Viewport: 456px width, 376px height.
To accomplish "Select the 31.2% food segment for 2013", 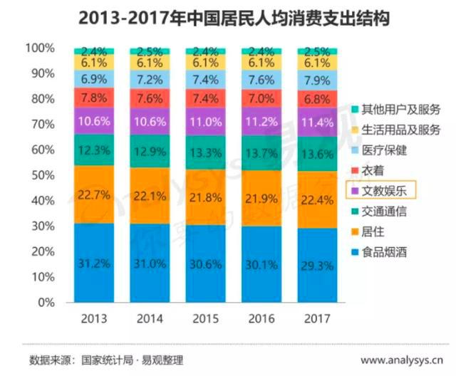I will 93,263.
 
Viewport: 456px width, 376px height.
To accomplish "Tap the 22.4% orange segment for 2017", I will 317,199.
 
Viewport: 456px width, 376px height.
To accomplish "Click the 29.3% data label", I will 317,265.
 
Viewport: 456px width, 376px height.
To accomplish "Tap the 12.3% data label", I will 93,150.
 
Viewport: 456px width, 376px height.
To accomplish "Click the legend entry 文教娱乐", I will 384,190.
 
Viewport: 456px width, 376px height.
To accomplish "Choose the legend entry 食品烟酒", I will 384,252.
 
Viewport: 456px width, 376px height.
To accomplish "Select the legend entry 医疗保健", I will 384,150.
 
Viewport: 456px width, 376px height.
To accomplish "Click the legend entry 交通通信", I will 384,211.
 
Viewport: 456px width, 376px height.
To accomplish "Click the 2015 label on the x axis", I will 205,318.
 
